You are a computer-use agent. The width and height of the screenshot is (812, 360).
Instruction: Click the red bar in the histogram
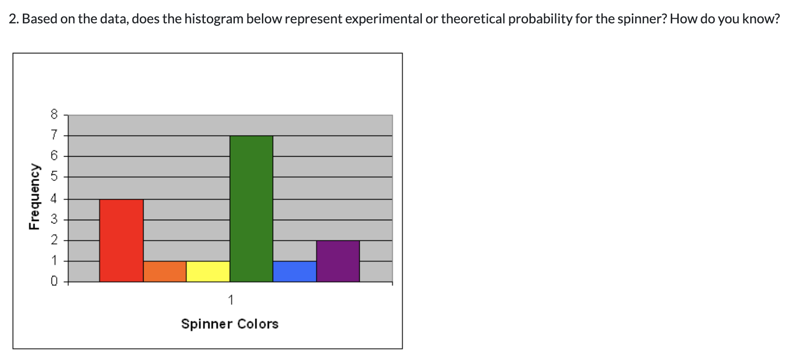[x=121, y=240]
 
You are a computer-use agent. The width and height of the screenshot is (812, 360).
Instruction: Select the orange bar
[x=165, y=272]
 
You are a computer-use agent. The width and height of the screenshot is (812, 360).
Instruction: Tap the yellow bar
[x=208, y=272]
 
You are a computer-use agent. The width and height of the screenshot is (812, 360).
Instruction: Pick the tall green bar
[x=251, y=209]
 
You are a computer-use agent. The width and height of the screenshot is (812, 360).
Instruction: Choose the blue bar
[x=295, y=272]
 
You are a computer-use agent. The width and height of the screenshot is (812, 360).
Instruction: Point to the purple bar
[x=338, y=261]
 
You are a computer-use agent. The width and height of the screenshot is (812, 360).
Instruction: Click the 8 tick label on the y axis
[x=54, y=115]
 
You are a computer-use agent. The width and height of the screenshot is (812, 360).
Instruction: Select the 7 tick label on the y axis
[x=54, y=136]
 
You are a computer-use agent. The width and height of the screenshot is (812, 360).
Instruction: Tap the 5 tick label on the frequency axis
[x=54, y=177]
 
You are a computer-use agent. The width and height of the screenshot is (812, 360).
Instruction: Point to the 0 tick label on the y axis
[x=54, y=281]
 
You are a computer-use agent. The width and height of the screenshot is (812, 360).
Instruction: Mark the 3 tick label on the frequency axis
[x=54, y=219]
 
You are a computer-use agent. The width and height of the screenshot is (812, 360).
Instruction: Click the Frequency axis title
[x=34, y=196]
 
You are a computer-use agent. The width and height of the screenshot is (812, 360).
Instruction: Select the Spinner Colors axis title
[x=230, y=324]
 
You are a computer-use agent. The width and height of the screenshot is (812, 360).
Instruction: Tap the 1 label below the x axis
[x=230, y=299]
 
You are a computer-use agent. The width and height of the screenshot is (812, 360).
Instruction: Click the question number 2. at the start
[x=14, y=19]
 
